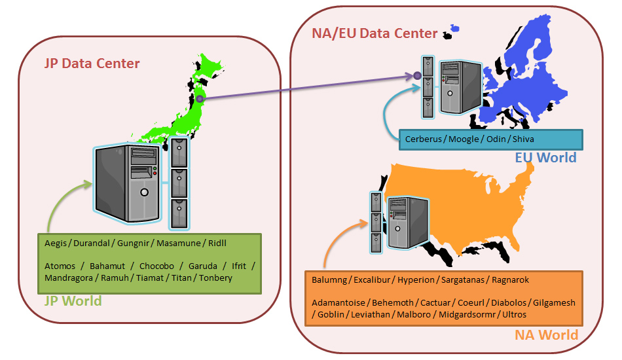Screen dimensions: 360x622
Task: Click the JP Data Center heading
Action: point(92,63)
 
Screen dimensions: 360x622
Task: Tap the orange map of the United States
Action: point(471,209)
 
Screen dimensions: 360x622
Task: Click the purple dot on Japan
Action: point(200,99)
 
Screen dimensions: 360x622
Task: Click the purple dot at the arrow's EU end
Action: point(418,76)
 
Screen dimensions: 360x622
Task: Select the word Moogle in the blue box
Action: point(462,139)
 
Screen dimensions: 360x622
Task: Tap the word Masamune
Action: point(179,243)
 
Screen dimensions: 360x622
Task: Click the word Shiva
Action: point(524,139)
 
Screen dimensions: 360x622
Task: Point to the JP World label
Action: point(73,301)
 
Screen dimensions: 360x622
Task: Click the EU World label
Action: point(545,158)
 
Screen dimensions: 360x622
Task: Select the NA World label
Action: point(546,335)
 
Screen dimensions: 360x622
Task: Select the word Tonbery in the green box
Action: point(215,278)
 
